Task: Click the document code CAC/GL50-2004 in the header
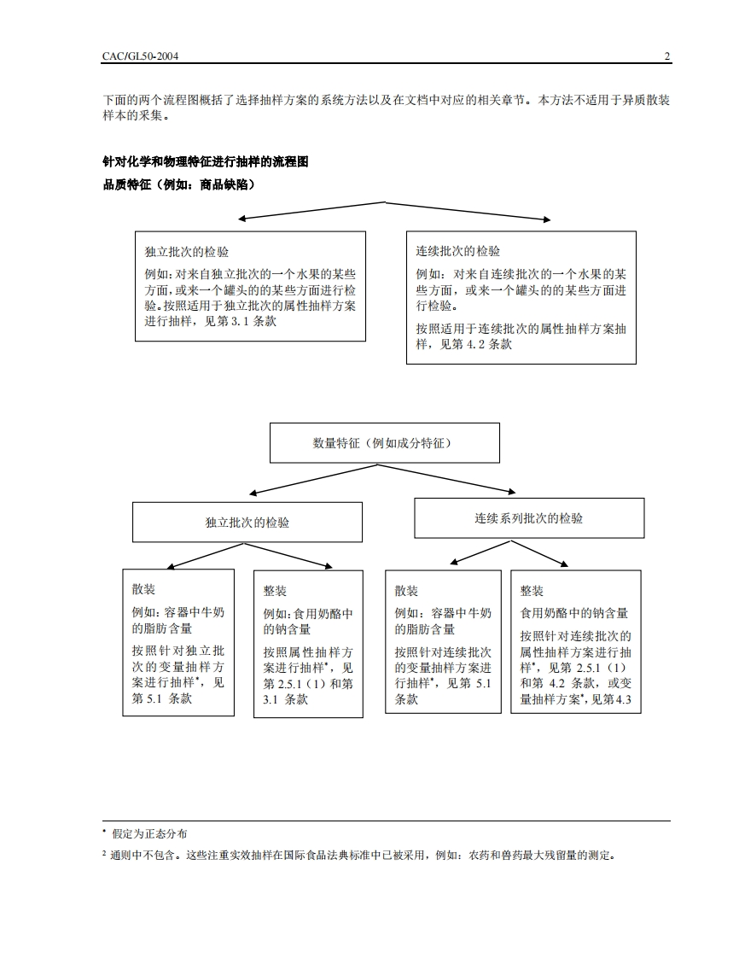tap(141, 56)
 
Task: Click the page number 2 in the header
tap(667, 56)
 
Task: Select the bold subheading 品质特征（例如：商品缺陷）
tap(179, 184)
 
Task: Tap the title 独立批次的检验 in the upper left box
tap(187, 252)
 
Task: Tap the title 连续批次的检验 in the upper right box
tap(458, 251)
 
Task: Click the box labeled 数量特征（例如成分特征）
tap(384, 444)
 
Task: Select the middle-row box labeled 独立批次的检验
tap(247, 522)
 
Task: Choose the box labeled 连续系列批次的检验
tap(529, 518)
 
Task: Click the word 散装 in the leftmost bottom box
tap(143, 590)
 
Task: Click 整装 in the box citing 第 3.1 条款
tap(275, 591)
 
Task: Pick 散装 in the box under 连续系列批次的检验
tap(406, 591)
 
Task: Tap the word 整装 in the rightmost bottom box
tap(532, 591)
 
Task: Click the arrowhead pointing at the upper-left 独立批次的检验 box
tap(242, 219)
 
